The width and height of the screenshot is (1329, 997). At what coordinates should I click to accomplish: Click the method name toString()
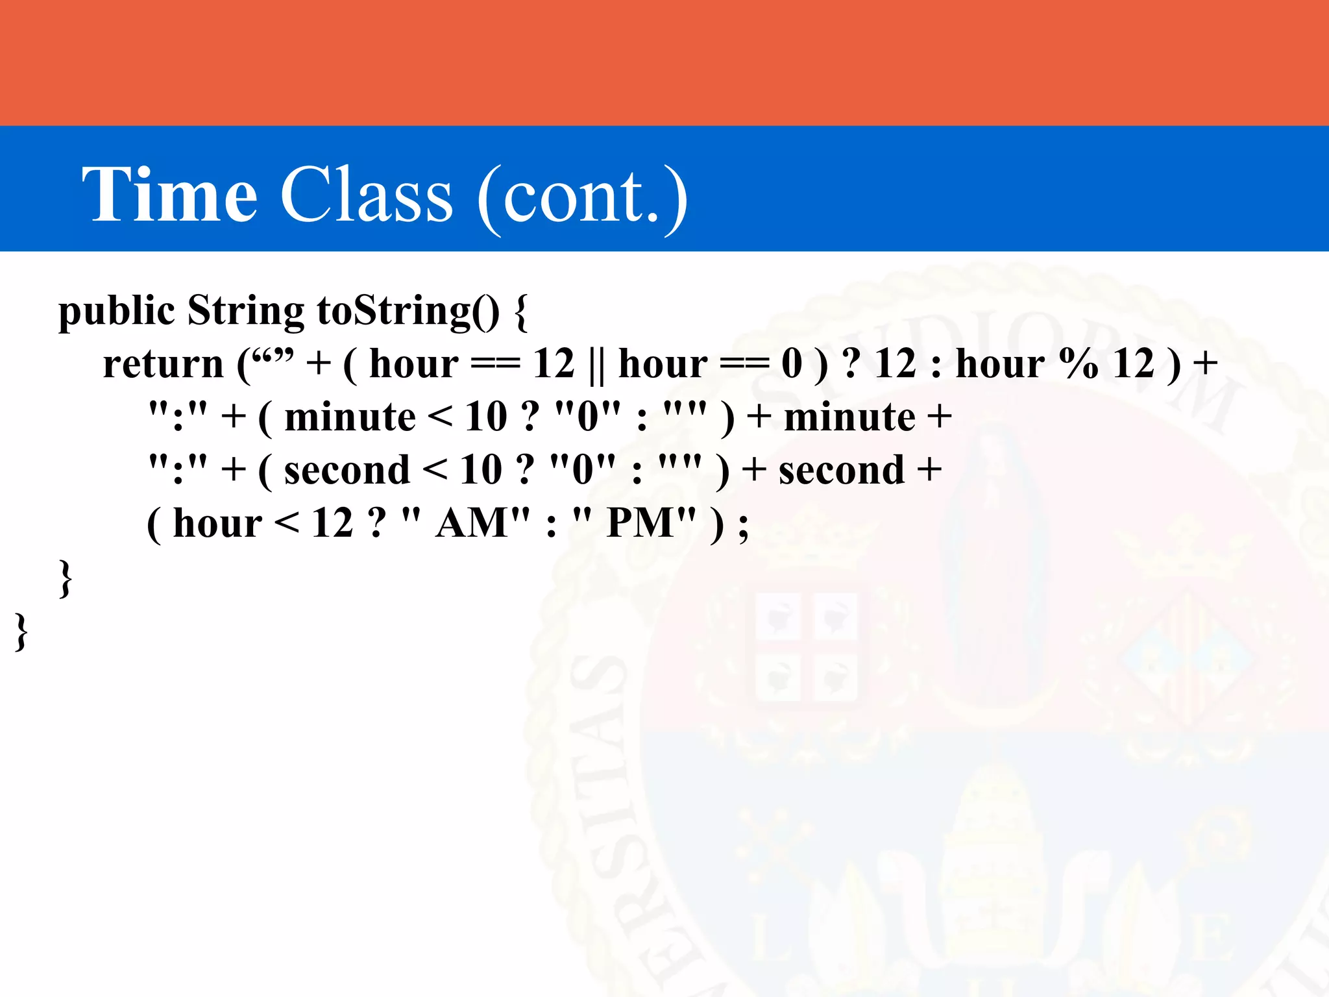coord(408,312)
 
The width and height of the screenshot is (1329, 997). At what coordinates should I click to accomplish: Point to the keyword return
coord(163,364)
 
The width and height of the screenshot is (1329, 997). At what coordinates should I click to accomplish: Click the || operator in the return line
coord(596,364)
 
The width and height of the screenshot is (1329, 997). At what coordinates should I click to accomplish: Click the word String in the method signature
coord(245,312)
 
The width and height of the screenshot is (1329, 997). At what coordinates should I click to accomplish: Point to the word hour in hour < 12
coord(217,523)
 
